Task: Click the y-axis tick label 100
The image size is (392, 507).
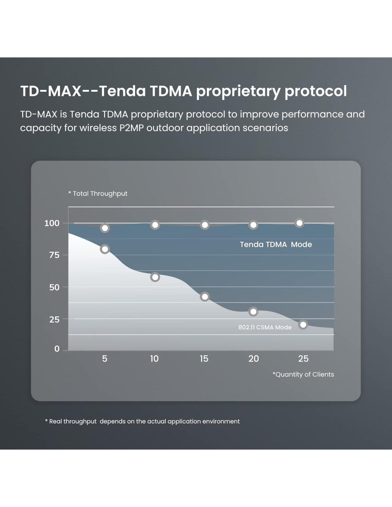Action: pyautogui.click(x=52, y=223)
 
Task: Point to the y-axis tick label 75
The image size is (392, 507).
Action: pyautogui.click(x=54, y=255)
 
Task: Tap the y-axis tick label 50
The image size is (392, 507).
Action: pyautogui.click(x=54, y=287)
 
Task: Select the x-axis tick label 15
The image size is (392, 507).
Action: pyautogui.click(x=204, y=359)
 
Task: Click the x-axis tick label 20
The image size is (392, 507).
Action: pyautogui.click(x=253, y=359)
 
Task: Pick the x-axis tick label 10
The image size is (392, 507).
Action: pyautogui.click(x=154, y=359)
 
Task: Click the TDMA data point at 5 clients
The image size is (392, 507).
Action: pyautogui.click(x=105, y=228)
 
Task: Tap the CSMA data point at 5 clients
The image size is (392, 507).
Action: pyautogui.click(x=105, y=249)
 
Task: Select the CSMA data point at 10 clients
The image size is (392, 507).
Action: pyautogui.click(x=155, y=277)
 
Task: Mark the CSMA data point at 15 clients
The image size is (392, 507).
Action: pyautogui.click(x=205, y=297)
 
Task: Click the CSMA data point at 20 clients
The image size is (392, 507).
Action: pyautogui.click(x=253, y=312)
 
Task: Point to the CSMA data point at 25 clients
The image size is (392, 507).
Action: pyautogui.click(x=303, y=324)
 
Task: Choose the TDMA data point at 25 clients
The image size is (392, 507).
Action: pyautogui.click(x=299, y=223)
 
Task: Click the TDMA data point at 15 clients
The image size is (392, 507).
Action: pyautogui.click(x=205, y=225)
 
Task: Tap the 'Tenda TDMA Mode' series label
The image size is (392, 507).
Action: pyautogui.click(x=276, y=245)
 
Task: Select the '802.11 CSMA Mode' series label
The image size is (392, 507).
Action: pyautogui.click(x=265, y=327)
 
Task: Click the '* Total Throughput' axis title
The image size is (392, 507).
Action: pyautogui.click(x=98, y=194)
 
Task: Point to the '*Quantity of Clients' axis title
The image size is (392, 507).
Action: pyautogui.click(x=303, y=374)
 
